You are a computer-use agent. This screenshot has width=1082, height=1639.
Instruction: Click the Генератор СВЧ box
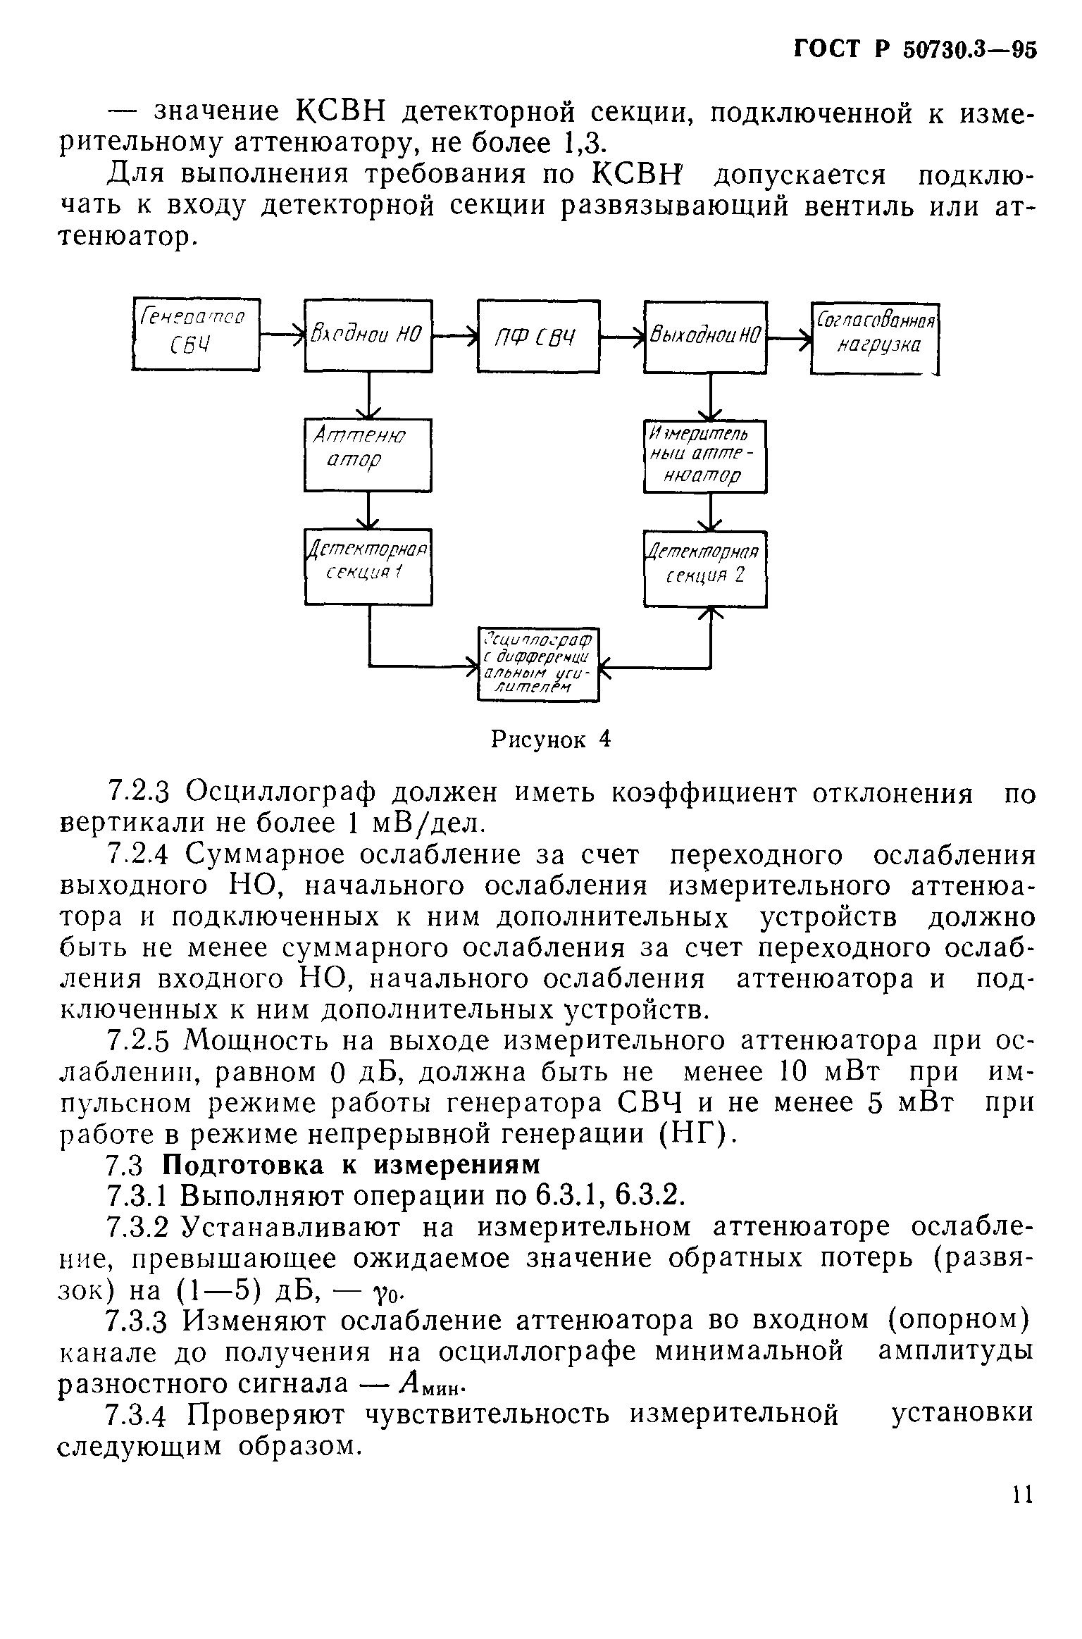(196, 334)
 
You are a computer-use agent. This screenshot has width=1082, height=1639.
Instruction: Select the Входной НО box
(368, 335)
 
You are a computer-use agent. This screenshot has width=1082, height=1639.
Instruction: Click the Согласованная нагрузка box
(876, 338)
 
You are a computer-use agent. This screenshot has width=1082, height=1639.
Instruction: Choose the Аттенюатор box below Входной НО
(368, 455)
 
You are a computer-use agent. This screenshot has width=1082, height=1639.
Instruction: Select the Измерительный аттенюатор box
(705, 456)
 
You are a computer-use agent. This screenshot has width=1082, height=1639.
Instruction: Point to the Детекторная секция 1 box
(368, 566)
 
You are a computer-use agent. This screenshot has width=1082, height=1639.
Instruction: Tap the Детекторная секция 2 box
(705, 568)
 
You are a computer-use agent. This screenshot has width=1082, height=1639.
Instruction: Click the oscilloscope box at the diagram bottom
(538, 663)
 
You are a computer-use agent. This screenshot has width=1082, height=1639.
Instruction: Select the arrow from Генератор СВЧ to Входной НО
(282, 335)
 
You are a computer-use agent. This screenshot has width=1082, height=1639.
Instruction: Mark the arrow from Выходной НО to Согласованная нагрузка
(790, 338)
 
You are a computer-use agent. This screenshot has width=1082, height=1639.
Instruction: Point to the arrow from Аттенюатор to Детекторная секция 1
(368, 510)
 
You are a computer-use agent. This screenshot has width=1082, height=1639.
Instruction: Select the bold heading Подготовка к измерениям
(352, 1164)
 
